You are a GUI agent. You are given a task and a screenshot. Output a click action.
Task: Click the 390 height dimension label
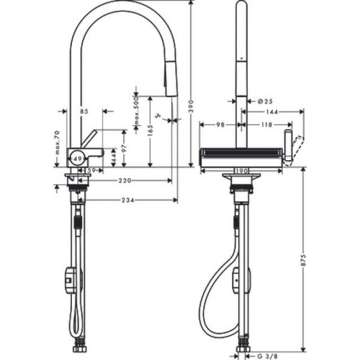(x=191, y=106)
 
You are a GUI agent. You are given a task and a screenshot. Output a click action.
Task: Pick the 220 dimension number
(x=125, y=180)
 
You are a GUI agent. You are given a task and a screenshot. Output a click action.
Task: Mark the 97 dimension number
(x=124, y=148)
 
